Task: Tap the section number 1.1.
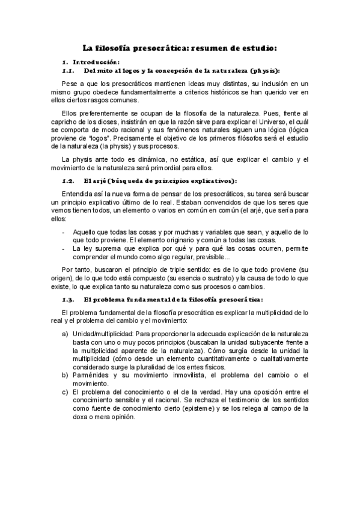point(68,70)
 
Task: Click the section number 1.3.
point(68,299)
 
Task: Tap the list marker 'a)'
point(65,333)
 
